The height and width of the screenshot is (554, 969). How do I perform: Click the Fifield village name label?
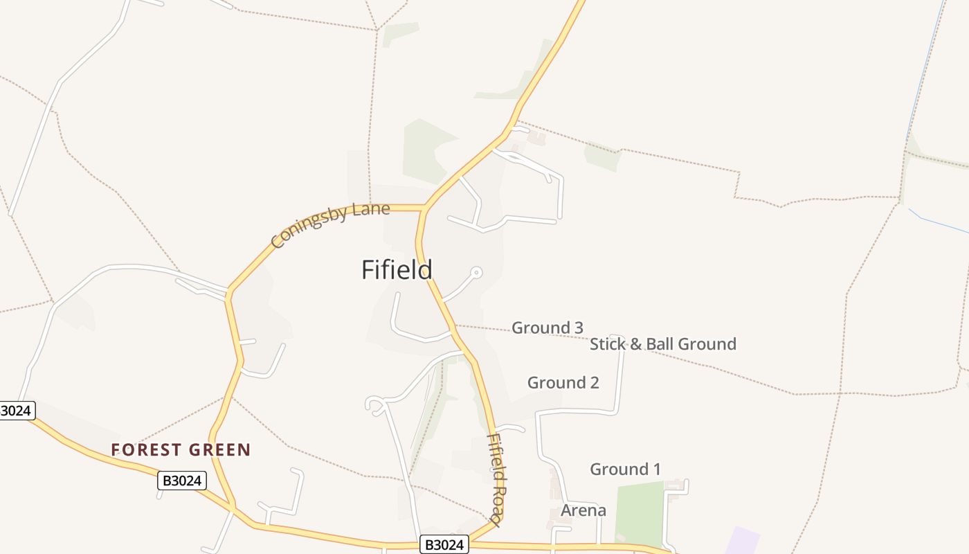(x=397, y=269)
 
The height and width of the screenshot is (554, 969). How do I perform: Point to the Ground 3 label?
(x=547, y=328)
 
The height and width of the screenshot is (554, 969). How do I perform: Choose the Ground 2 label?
(x=563, y=382)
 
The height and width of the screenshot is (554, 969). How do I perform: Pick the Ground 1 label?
(x=625, y=469)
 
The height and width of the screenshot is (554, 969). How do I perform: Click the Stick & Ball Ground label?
(x=662, y=343)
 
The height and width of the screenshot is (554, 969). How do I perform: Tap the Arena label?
(x=583, y=510)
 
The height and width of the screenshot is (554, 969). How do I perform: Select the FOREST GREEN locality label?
(x=181, y=450)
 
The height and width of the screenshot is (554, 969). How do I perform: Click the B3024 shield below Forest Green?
(x=182, y=481)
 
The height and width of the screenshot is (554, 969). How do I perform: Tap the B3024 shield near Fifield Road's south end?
(x=444, y=545)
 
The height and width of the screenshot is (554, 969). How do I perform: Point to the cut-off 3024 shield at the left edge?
(x=17, y=411)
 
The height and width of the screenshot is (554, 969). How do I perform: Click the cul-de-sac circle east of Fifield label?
(x=476, y=272)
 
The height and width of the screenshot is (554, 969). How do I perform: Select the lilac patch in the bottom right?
(x=742, y=541)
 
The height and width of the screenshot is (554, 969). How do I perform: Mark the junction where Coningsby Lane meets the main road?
(x=424, y=208)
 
